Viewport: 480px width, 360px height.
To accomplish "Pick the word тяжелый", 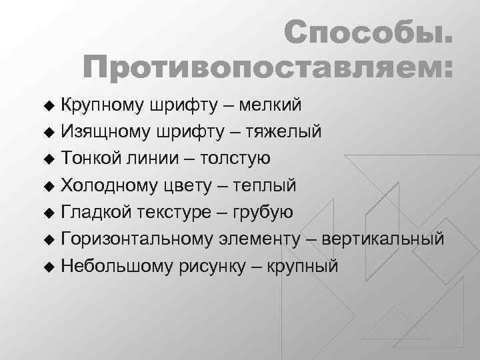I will (x=283, y=131).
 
